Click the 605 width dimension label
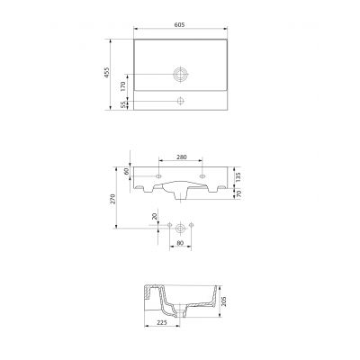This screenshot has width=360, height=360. pyautogui.click(x=181, y=26)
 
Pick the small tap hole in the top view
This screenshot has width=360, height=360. pyautogui.click(x=181, y=99)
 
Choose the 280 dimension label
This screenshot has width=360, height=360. pyautogui.click(x=181, y=157)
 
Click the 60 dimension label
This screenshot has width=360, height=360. pyautogui.click(x=128, y=171)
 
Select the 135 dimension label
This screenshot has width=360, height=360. pyautogui.click(x=238, y=176)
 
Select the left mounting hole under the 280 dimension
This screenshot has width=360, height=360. pyautogui.click(x=158, y=174)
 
